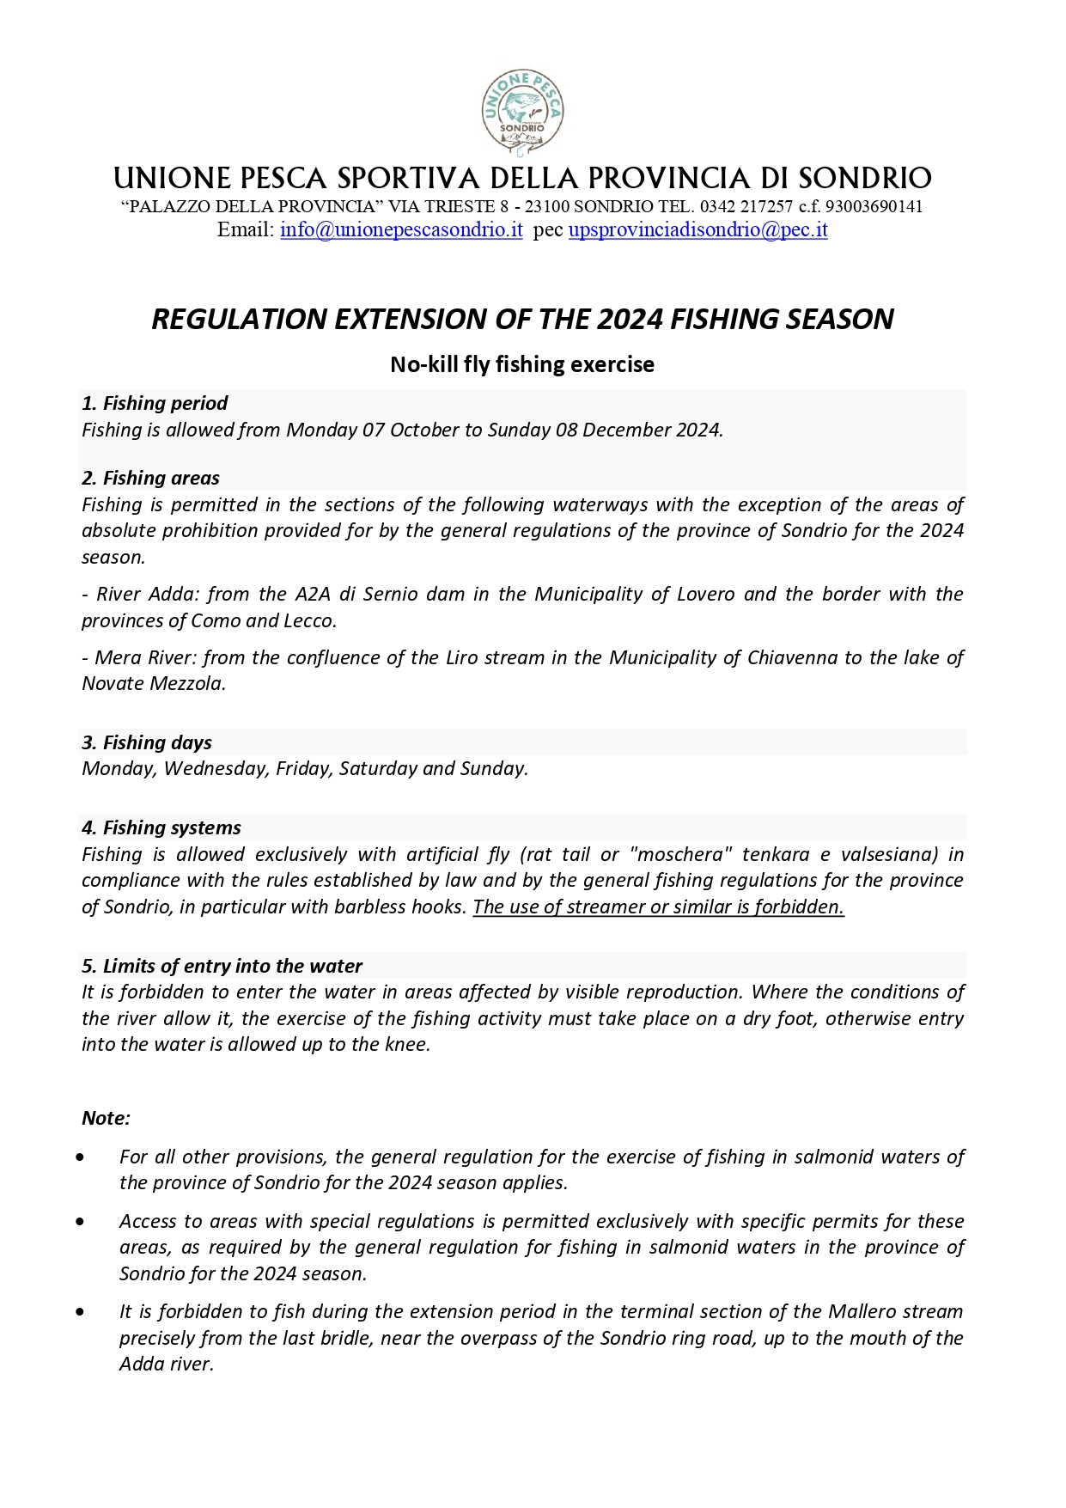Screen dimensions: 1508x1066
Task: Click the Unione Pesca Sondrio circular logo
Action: [522, 112]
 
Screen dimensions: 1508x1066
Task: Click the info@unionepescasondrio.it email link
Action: [401, 230]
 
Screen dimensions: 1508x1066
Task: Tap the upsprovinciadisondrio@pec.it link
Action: [697, 230]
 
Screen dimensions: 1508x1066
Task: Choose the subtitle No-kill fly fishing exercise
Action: [522, 365]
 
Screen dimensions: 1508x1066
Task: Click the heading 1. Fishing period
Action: [155, 404]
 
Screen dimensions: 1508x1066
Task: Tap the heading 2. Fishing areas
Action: [150, 479]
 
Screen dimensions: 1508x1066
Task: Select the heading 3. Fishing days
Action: [147, 743]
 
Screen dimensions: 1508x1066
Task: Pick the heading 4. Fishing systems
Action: [161, 828]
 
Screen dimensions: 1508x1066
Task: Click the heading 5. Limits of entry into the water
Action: [222, 967]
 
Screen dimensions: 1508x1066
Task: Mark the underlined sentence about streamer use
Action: [658, 907]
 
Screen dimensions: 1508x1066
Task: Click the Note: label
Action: [106, 1119]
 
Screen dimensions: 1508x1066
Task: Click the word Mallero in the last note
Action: [860, 1312]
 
